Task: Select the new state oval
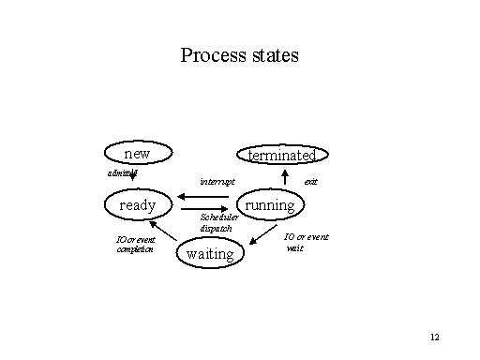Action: point(137,153)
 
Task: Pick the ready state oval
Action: point(137,204)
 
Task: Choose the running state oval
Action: point(270,204)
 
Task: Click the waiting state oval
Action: point(210,253)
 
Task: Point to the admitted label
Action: point(123,173)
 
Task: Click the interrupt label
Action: point(217,181)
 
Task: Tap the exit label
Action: point(310,181)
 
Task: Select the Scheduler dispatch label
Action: point(217,222)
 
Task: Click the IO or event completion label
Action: point(135,245)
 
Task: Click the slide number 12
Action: point(434,337)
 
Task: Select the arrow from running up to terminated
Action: point(285,178)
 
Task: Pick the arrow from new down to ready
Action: point(135,175)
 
